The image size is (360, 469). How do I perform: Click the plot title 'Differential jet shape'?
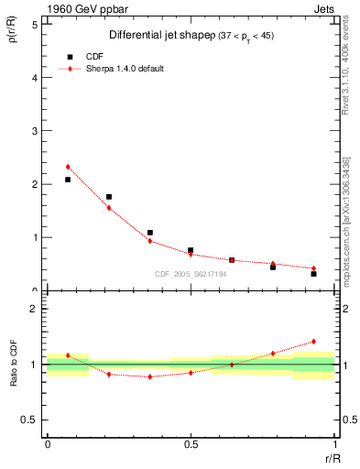point(154,35)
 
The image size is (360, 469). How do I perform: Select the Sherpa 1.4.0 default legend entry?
point(120,69)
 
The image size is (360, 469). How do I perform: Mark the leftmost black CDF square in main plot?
point(68,180)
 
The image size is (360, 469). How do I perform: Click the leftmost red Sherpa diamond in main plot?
point(68,167)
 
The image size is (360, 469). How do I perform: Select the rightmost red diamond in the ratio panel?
point(313,342)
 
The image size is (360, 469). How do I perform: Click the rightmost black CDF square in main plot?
point(313,274)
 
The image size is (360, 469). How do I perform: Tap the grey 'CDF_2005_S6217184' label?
point(190,274)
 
